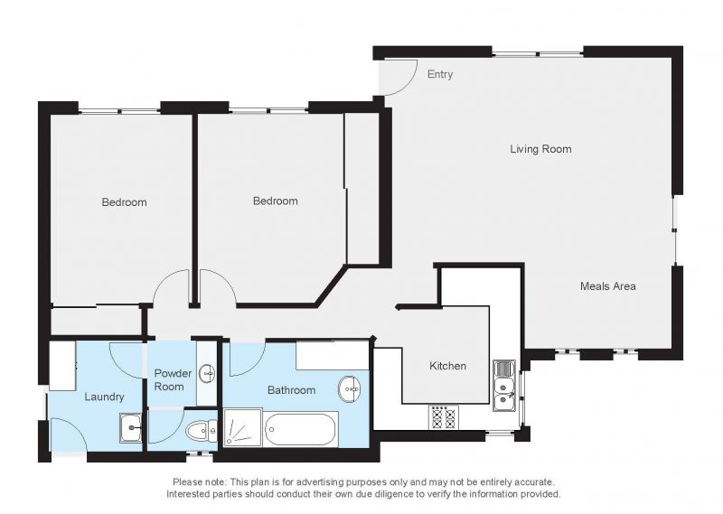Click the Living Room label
(x=540, y=149)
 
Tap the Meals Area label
(x=607, y=285)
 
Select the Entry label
(x=440, y=74)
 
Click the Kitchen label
(x=447, y=366)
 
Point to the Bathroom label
(x=291, y=390)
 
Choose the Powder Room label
(x=173, y=379)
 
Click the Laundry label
(x=104, y=397)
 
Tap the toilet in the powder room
(x=202, y=431)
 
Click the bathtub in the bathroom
(x=300, y=430)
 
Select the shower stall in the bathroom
(x=242, y=427)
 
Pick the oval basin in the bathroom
(x=350, y=388)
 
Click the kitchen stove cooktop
(x=443, y=417)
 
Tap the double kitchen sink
(x=504, y=386)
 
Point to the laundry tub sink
(x=131, y=428)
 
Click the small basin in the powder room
(x=208, y=373)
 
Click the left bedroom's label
(x=124, y=202)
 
